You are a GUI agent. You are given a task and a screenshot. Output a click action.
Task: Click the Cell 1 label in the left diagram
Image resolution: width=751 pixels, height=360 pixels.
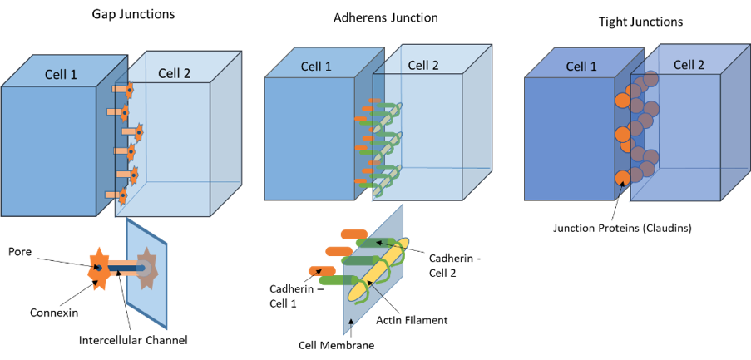pyautogui.click(x=61, y=75)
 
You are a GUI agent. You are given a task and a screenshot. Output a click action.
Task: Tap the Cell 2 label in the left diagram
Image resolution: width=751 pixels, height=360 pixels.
pyautogui.click(x=174, y=73)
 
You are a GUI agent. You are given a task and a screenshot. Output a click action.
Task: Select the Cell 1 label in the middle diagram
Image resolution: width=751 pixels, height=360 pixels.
pyautogui.click(x=316, y=67)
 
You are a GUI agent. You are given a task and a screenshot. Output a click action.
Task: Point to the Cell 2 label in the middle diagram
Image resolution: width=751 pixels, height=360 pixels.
pyautogui.click(x=423, y=65)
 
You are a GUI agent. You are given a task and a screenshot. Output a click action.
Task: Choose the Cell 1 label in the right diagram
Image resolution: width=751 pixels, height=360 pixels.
pyautogui.click(x=581, y=67)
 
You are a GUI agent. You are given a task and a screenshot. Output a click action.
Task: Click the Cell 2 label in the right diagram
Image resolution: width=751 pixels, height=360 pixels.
pyautogui.click(x=689, y=65)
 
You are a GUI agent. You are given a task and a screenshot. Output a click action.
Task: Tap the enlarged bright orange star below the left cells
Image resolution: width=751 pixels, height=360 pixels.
pyautogui.click(x=99, y=269)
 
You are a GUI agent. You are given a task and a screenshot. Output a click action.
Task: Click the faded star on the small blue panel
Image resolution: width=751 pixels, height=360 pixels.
pyautogui.click(x=146, y=268)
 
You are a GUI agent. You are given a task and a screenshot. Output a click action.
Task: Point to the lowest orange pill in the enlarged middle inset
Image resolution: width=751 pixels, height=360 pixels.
pyautogui.click(x=321, y=270)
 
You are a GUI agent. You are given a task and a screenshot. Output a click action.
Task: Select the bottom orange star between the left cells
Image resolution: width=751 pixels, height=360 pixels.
pyautogui.click(x=122, y=196)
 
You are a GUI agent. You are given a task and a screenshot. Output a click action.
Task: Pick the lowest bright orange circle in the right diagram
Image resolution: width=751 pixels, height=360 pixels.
pyautogui.click(x=622, y=178)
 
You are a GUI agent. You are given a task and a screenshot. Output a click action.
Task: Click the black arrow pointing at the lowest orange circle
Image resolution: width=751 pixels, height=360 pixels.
pyautogui.click(x=618, y=192)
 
